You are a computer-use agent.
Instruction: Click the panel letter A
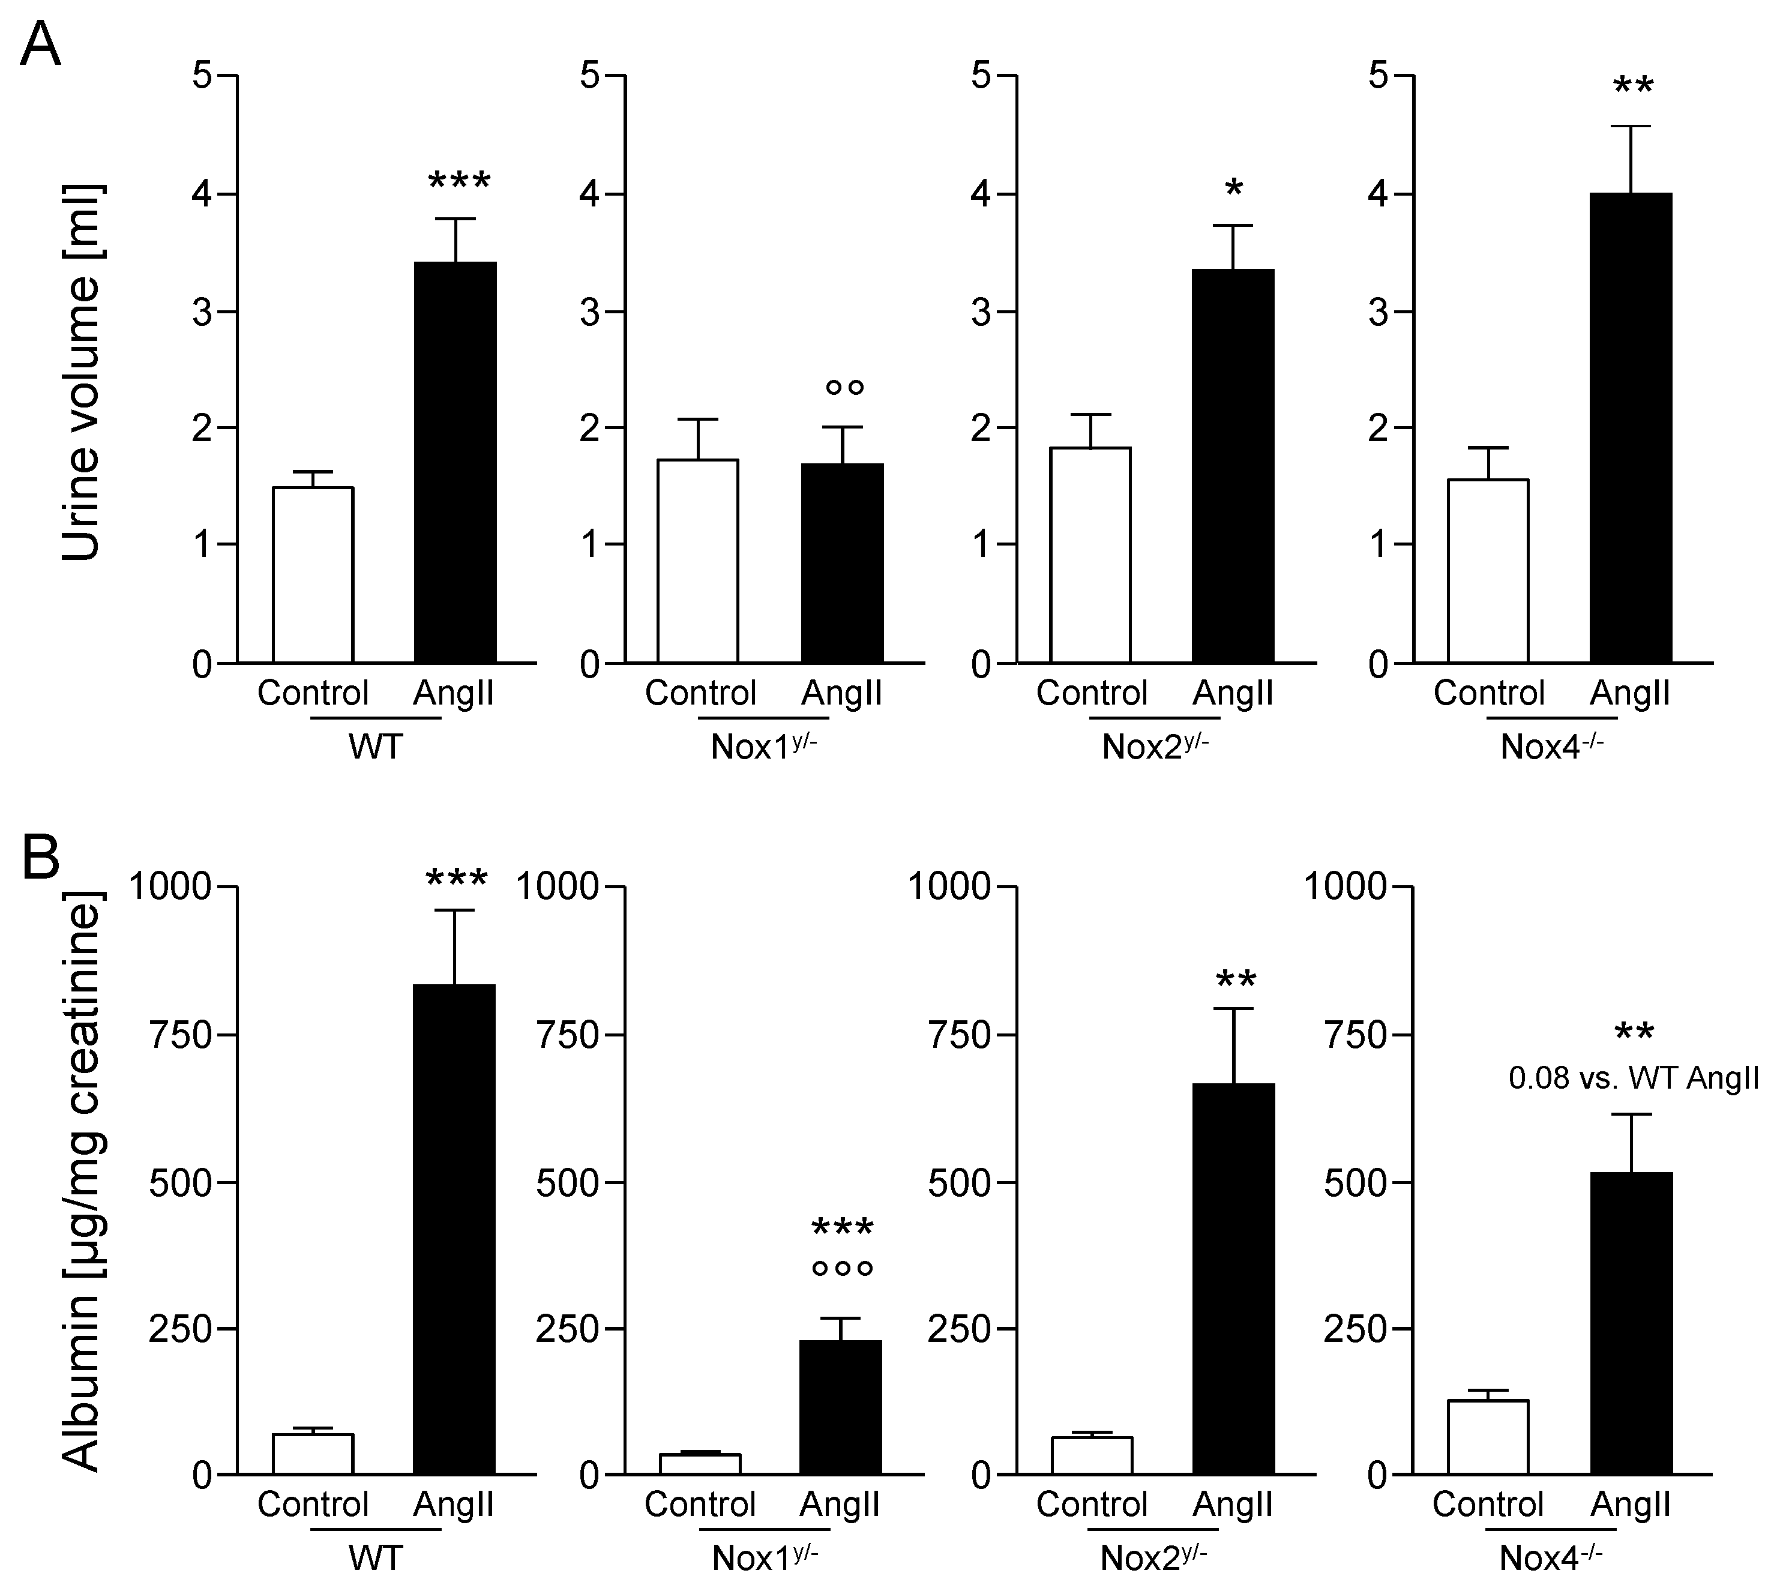40,46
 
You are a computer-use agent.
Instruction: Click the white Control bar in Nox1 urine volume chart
697,561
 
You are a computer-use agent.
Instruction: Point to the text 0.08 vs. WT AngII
1633,1078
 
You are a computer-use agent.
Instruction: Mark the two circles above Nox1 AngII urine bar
844,386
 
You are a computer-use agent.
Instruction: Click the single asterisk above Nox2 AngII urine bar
1233,188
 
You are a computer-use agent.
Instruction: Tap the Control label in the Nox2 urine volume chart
1091,693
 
